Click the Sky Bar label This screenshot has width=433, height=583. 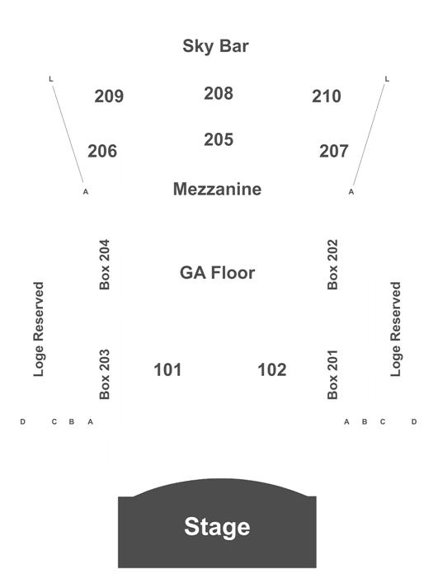coord(215,46)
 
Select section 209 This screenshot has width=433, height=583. coord(109,96)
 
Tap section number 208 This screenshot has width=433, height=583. coord(219,93)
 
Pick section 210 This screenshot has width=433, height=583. coord(327,96)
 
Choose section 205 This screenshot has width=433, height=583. coord(219,140)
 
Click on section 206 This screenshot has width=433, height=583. coord(102,152)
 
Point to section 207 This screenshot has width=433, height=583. coord(334,152)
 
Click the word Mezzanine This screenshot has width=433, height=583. coord(217,189)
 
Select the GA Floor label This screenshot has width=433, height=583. coord(217,273)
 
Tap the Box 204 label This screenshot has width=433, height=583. coord(105,265)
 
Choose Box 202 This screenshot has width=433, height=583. coord(332,265)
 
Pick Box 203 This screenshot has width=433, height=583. coord(105,374)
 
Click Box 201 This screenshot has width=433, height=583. coord(332,374)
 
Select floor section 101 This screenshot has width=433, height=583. coord(167,370)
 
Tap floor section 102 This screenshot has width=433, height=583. coord(272,370)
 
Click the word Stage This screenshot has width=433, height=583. coord(217,527)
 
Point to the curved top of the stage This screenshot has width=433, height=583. coord(219,479)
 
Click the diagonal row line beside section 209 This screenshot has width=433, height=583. coord(68,134)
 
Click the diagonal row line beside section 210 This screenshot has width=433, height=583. coord(369,134)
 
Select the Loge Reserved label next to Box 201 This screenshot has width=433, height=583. coord(395,329)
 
